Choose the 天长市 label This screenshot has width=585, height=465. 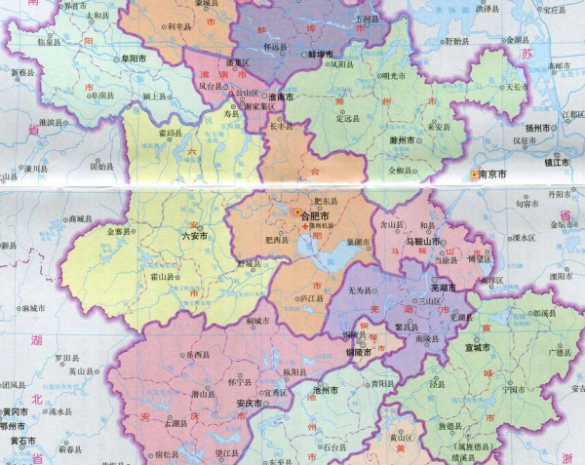pyautogui.click(x=517, y=87)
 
